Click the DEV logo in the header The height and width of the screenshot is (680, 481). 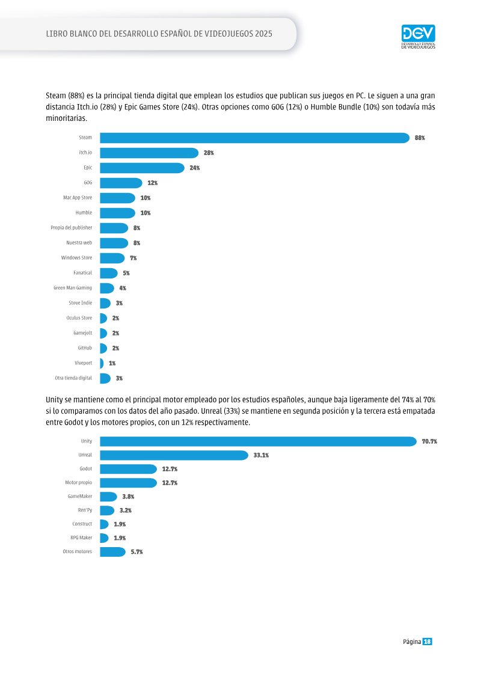[418, 37]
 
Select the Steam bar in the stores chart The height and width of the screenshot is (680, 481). [254, 138]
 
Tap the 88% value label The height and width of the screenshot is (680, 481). [420, 138]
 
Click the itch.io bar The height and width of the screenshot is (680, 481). [149, 153]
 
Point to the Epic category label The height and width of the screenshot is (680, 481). [88, 167]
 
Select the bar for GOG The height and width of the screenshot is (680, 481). [121, 183]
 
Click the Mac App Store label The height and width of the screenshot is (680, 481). [78, 198]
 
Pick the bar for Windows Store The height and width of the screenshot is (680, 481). [112, 258]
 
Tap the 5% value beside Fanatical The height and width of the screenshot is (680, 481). [126, 273]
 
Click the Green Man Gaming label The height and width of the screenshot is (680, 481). [73, 288]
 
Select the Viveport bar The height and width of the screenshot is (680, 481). [102, 363]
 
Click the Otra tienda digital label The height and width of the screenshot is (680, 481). [73, 378]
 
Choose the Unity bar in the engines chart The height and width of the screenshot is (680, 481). [259, 441]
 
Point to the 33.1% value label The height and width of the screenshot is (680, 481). [261, 455]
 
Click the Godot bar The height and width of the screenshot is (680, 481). [129, 469]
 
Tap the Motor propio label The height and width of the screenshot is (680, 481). [79, 483]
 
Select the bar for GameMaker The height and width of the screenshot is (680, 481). [108, 497]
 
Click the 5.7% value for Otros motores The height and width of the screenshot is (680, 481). [136, 552]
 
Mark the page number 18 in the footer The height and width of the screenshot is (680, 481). [427, 642]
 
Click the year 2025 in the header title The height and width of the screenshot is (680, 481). [264, 34]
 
